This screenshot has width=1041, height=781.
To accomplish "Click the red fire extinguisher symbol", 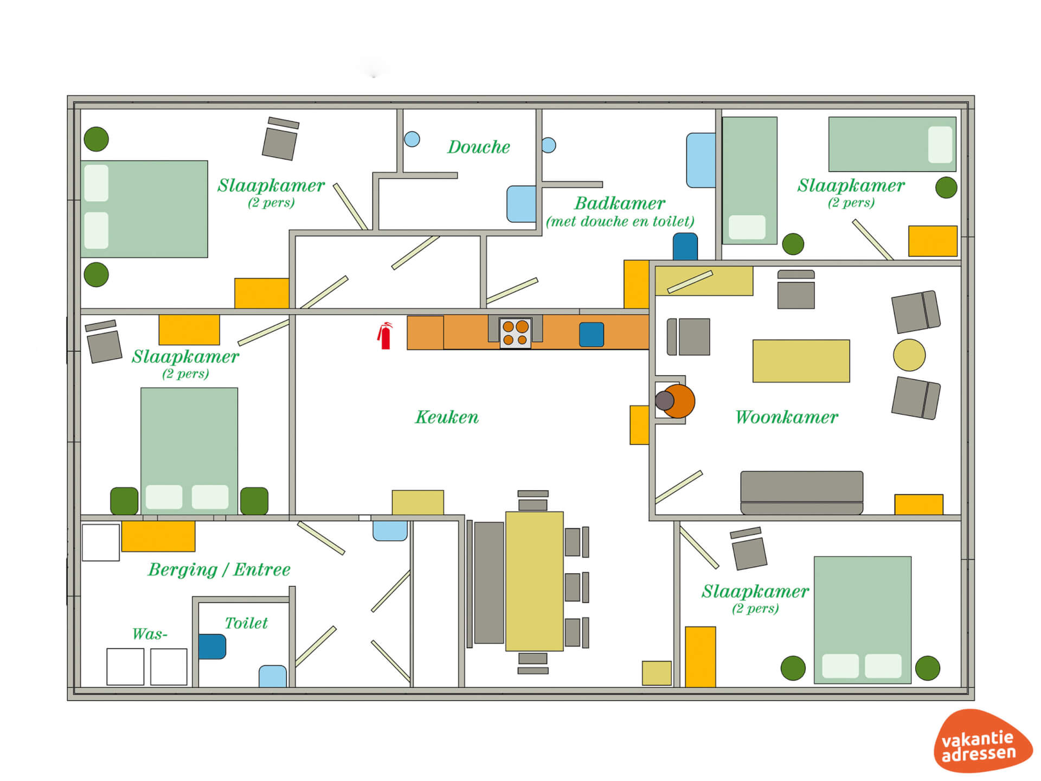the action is pos(384,336).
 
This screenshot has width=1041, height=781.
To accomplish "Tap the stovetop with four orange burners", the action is pos(515,333).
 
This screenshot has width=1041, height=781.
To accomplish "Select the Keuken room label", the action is pos(447,417).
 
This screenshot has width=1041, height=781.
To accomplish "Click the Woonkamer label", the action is pos(787,417).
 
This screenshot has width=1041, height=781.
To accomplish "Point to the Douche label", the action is pos(479,147).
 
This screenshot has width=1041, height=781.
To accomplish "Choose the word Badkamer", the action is pos(620,203).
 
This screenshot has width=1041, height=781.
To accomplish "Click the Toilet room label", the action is pos(246,623).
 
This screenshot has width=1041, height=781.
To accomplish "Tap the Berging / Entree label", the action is pos(219,569).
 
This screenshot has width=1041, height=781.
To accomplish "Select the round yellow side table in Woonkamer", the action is pos(909,355).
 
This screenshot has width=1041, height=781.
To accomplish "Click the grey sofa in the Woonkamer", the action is pos(802,492).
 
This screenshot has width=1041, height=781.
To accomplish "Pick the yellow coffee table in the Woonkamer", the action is pos(801,361).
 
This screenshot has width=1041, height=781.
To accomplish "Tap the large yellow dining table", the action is pos(535,581).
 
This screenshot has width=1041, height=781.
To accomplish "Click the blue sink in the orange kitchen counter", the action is pos(592,335).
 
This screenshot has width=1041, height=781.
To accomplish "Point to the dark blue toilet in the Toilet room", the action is pos(212,646).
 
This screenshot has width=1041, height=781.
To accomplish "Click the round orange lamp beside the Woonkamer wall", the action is pos(678,401).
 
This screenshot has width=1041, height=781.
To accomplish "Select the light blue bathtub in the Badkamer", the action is pos(701,161).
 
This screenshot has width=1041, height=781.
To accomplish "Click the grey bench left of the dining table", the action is pos(489,582).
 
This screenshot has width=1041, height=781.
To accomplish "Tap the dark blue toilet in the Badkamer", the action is pos(685,247).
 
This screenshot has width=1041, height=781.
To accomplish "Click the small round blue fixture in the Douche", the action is pos(412,139).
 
